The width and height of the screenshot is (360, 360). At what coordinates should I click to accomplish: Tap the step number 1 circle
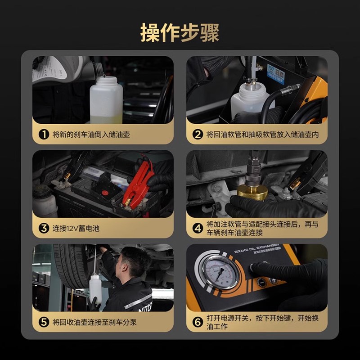[44, 134]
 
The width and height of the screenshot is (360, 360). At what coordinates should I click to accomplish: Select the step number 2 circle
[198, 134]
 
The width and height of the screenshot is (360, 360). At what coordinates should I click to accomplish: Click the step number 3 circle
[44, 228]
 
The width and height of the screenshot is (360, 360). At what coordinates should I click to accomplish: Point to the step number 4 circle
[198, 228]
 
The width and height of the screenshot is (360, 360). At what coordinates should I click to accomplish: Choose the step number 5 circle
[44, 322]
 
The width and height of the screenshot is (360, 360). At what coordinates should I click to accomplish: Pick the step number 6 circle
[198, 322]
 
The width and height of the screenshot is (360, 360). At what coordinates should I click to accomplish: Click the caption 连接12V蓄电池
[76, 228]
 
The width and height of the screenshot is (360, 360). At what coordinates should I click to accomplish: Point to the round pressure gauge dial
[220, 271]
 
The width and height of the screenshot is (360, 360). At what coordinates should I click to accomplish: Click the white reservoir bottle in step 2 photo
[249, 99]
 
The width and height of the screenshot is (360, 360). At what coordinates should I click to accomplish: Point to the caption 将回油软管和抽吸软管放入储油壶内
[263, 134]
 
